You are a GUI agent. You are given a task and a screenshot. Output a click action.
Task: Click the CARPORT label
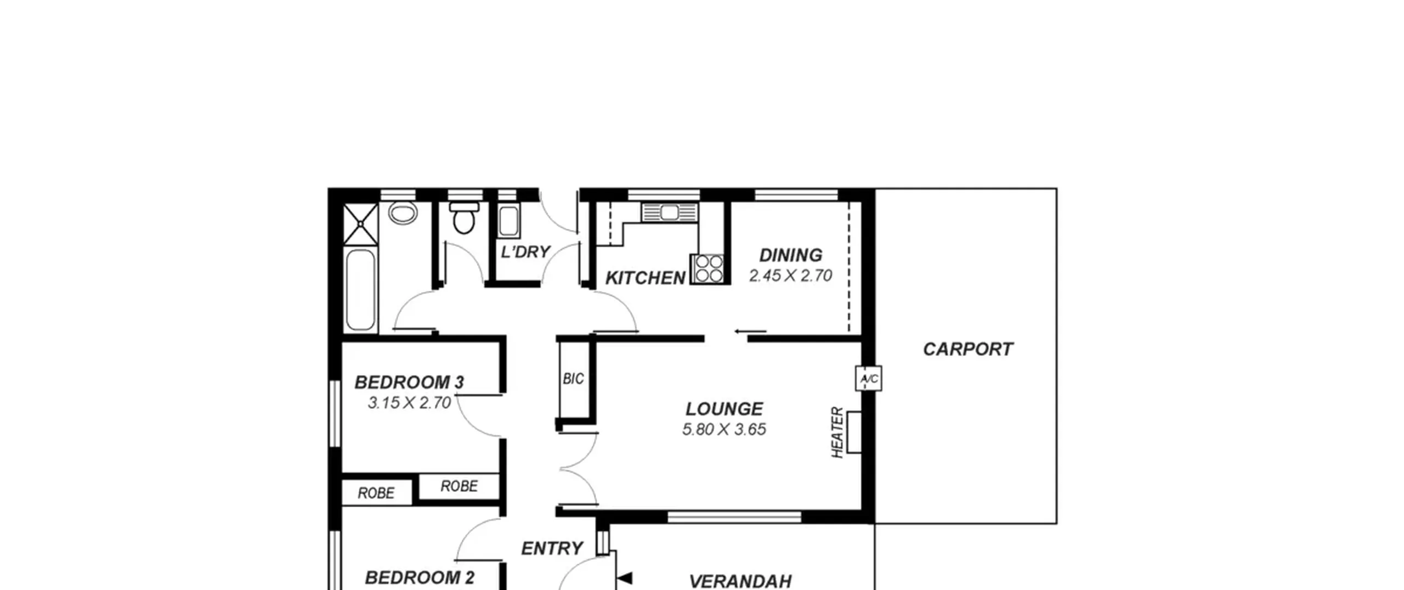(x=968, y=349)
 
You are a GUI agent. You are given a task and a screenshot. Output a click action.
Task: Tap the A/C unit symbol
(x=869, y=379)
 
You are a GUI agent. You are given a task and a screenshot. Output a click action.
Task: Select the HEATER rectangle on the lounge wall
(x=854, y=432)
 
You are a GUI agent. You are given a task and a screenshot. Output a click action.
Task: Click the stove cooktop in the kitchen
(x=709, y=269)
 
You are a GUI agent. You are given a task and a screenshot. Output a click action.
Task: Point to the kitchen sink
(x=670, y=212)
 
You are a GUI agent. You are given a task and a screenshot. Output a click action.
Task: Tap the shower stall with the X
(x=360, y=224)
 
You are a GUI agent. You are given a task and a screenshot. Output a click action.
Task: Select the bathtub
(x=361, y=290)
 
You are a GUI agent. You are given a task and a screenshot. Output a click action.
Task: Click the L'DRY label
(x=525, y=252)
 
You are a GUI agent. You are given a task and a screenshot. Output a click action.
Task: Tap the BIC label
(x=573, y=379)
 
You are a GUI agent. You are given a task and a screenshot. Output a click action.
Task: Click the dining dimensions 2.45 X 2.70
(x=791, y=276)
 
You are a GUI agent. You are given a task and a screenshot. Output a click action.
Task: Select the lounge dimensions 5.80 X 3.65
(x=724, y=429)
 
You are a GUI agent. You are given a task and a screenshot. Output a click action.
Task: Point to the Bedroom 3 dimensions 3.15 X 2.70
(x=409, y=403)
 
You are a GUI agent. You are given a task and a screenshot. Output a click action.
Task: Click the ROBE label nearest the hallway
(x=459, y=486)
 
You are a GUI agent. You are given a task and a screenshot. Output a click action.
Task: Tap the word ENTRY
(x=552, y=548)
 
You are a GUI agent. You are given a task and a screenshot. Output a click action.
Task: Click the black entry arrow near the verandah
(x=625, y=578)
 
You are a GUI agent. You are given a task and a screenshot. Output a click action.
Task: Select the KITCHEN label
(x=646, y=278)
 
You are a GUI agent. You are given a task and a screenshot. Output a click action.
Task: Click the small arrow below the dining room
(x=750, y=331)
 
